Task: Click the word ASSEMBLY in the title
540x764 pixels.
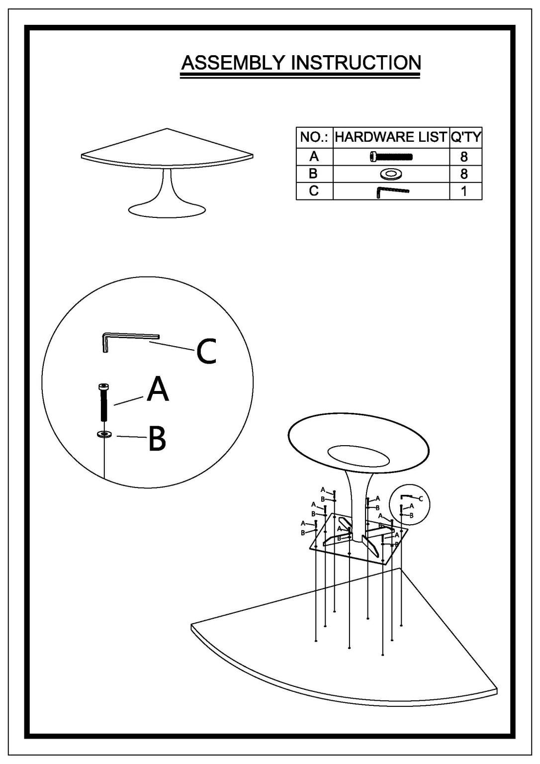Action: (233, 63)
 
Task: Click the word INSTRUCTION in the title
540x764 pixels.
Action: (356, 63)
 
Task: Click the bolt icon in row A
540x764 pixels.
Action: (391, 157)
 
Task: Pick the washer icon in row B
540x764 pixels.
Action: (391, 174)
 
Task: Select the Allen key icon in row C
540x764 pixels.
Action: (392, 191)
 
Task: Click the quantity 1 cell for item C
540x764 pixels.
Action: (466, 191)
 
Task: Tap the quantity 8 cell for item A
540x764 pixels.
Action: (466, 157)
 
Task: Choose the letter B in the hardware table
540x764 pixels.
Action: (313, 174)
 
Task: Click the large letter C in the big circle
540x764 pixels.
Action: (206, 351)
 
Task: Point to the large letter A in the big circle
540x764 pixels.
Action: (158, 389)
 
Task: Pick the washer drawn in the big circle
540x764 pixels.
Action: (104, 435)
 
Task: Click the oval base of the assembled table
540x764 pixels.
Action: (167, 210)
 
